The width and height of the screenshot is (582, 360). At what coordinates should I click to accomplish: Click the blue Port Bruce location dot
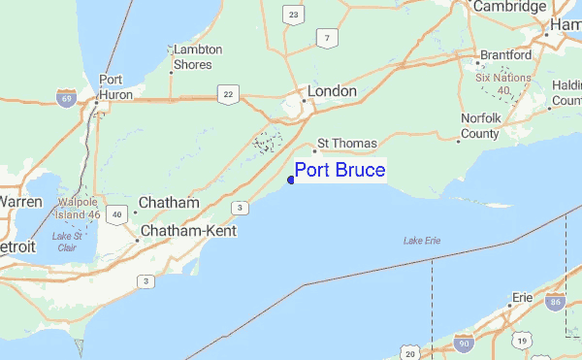tap(291, 179)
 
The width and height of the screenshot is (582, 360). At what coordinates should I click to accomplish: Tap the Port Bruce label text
tap(339, 172)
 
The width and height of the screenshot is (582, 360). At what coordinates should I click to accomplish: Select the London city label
tap(332, 92)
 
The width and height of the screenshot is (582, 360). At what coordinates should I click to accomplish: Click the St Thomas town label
tap(346, 144)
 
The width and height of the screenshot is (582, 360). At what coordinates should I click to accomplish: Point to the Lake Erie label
tap(423, 241)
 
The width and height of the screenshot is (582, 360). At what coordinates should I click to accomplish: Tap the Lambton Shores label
tap(197, 57)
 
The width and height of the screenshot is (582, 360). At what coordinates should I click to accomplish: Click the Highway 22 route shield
tap(228, 93)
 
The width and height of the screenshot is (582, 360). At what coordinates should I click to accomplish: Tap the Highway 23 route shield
tap(293, 14)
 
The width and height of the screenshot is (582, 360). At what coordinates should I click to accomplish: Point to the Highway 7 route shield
tap(329, 38)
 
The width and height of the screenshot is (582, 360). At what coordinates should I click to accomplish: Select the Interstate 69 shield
tap(66, 99)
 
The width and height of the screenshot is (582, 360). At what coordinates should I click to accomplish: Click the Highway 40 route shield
tap(117, 213)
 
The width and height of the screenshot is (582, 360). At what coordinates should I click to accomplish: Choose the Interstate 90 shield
tap(464, 344)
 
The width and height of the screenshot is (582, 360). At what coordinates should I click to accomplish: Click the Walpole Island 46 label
tap(80, 207)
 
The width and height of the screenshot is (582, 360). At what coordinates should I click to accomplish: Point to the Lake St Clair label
tap(67, 242)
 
